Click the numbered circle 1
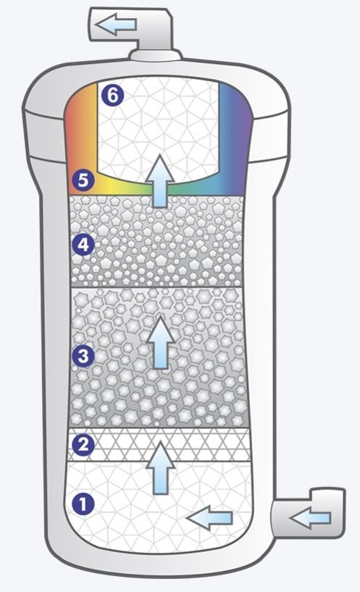[x=83, y=504]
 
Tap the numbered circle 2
[x=83, y=445]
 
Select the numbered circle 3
[x=83, y=356]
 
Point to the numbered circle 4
[x=83, y=245]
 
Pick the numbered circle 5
[x=83, y=180]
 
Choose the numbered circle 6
[x=112, y=95]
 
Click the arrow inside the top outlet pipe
[x=115, y=25]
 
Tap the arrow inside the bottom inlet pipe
[x=310, y=517]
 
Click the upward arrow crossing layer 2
[x=161, y=468]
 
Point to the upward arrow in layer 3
[x=161, y=342]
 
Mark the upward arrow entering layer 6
[x=161, y=180]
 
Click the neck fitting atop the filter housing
[x=155, y=55]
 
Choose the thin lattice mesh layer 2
[x=159, y=444]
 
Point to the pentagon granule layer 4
[x=157, y=241]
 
